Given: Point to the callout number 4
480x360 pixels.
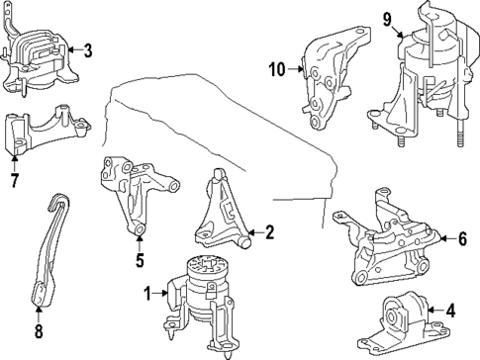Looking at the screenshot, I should click(450, 311).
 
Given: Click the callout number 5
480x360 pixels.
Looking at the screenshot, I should click(140, 262).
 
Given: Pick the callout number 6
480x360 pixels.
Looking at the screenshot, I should click(460, 238).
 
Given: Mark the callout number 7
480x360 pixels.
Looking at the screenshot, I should click(14, 180).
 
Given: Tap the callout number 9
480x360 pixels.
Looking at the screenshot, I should click(388, 17).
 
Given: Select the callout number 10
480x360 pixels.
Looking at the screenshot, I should click(276, 68).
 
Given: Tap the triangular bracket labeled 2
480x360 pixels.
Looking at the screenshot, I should click(220, 213).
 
